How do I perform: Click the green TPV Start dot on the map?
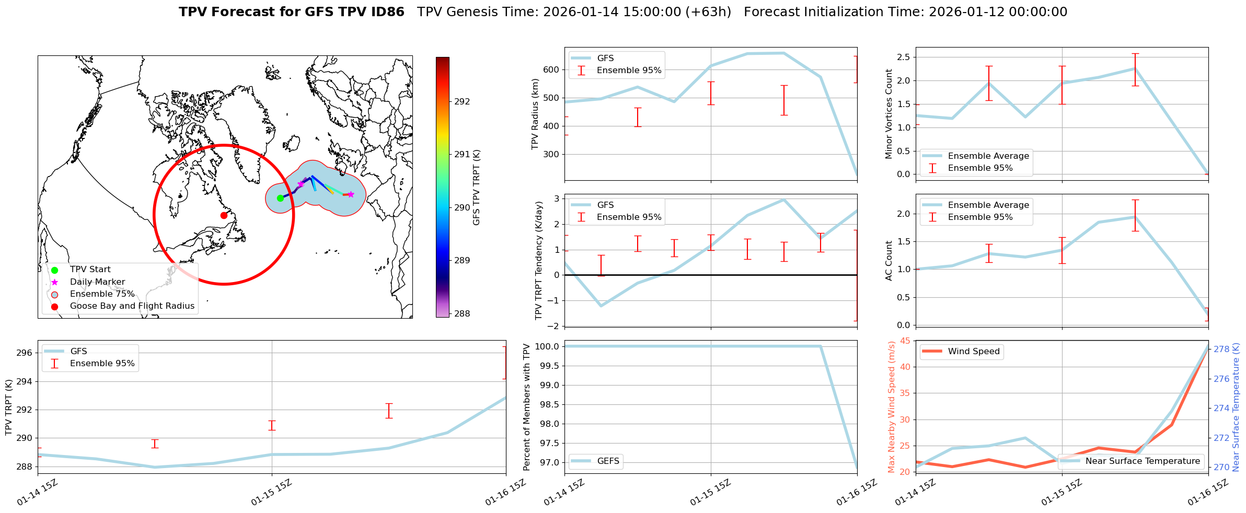(280, 198)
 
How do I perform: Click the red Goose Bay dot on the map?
(224, 215)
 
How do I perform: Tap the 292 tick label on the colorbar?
(462, 101)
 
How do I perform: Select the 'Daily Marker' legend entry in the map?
(97, 282)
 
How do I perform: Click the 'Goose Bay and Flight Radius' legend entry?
(132, 306)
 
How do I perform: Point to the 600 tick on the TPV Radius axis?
(551, 69)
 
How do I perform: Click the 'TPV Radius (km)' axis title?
(535, 114)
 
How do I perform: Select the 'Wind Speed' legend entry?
(974, 352)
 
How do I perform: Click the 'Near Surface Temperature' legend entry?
(1143, 461)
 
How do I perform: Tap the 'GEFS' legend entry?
(608, 461)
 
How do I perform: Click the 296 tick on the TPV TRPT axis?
(26, 353)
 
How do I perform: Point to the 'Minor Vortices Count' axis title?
(889, 114)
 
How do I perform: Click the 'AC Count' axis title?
(889, 261)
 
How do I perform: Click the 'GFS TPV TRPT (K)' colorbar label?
(476, 188)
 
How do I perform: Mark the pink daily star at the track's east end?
(351, 194)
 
